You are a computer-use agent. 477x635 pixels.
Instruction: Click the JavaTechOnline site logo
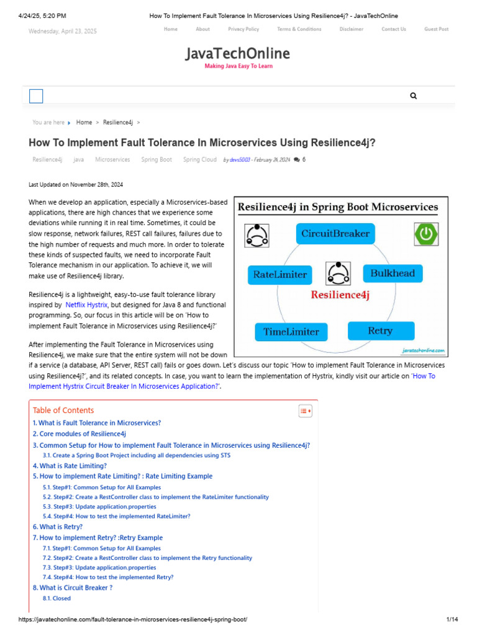point(238,55)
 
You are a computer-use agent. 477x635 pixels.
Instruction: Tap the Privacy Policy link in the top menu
point(243,29)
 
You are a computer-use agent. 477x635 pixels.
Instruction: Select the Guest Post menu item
point(436,29)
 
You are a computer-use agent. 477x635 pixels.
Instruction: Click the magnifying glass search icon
point(414,96)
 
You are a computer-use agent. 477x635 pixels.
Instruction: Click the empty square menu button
point(36,96)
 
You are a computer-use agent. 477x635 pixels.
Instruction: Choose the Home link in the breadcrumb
point(84,123)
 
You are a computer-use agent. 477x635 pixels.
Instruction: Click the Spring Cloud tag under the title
point(199,160)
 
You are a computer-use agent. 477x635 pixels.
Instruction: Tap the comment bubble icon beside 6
point(296,160)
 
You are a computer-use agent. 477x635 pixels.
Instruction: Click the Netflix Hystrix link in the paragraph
point(86,305)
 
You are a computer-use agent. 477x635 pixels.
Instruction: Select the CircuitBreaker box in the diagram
point(335,234)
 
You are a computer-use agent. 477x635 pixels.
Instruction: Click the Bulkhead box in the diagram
point(392,273)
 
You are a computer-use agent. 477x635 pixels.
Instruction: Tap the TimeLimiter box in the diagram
point(291,332)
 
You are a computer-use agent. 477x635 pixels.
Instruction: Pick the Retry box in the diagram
point(379,331)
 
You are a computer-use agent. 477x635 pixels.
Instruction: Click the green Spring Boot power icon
point(426,234)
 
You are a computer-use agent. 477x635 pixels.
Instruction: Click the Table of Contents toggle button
point(305,411)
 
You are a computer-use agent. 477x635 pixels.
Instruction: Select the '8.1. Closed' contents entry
point(57,598)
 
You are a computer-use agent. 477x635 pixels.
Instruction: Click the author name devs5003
point(240,160)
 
